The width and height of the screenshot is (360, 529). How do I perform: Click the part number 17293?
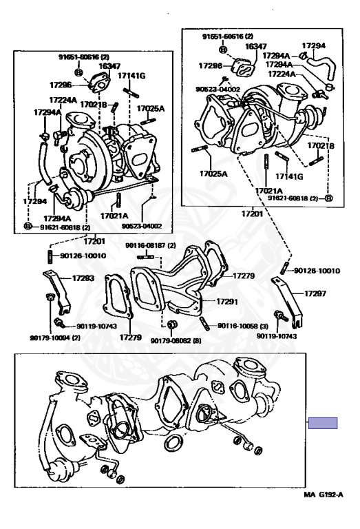(83, 278)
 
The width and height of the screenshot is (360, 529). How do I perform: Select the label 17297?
(315, 293)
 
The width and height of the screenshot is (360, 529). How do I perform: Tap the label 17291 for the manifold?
(227, 302)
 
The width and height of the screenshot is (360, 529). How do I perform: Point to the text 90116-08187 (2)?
(151, 246)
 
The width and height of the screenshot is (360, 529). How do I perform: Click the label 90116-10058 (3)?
(243, 326)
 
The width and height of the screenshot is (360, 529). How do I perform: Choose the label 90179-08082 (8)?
(176, 341)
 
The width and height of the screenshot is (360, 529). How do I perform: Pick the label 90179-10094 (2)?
(55, 338)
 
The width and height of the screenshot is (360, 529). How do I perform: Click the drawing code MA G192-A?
(324, 495)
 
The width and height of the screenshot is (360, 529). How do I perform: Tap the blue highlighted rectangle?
(323, 423)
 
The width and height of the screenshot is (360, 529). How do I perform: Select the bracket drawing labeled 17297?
(288, 301)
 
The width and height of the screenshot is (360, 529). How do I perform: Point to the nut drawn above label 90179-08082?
(173, 324)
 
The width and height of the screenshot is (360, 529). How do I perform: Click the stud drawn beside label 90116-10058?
(205, 324)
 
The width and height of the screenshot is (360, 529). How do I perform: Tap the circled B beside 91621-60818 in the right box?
(329, 198)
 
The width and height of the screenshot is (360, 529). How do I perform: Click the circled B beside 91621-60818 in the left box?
(28, 226)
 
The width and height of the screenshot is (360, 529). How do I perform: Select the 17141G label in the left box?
(131, 76)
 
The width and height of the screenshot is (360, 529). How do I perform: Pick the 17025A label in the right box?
(213, 174)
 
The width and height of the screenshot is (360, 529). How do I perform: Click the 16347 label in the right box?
(256, 46)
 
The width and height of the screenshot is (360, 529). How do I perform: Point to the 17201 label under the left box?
(94, 241)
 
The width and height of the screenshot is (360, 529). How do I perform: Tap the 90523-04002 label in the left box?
(142, 227)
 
